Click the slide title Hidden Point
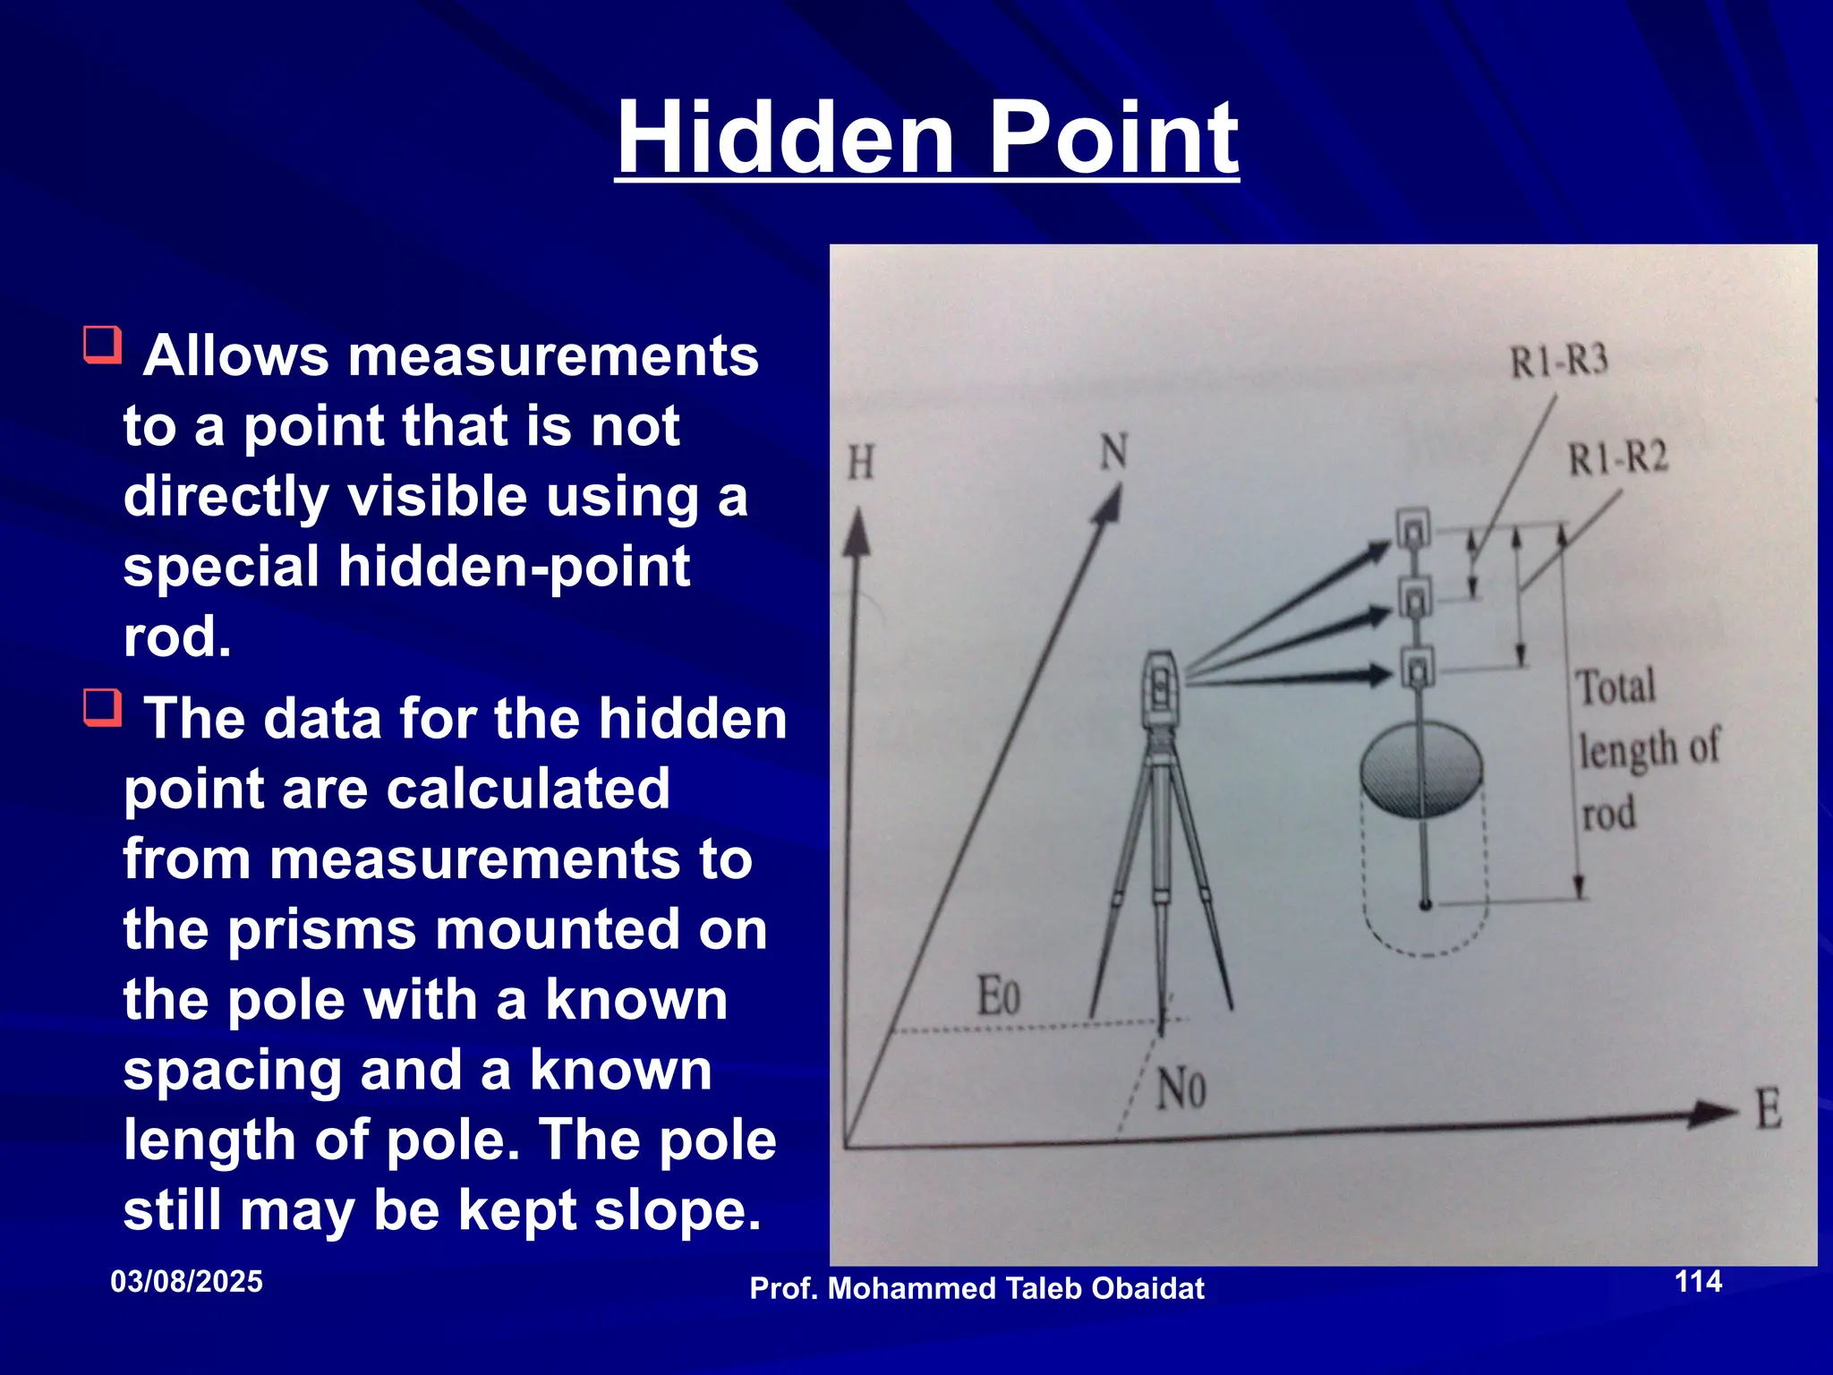tap(927, 138)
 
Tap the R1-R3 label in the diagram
tap(1559, 362)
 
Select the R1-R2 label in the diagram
tap(1618, 459)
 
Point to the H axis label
tap(860, 464)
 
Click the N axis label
tap(1113, 452)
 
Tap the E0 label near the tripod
tap(998, 995)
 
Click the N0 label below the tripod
tap(1181, 1090)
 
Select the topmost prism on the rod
tap(1413, 531)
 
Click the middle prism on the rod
tap(1415, 598)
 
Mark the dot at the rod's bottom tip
tap(1425, 904)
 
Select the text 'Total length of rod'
tap(1645, 749)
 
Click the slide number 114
tap(1698, 1281)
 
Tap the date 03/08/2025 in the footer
tap(186, 1282)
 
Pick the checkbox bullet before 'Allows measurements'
tap(102, 345)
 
